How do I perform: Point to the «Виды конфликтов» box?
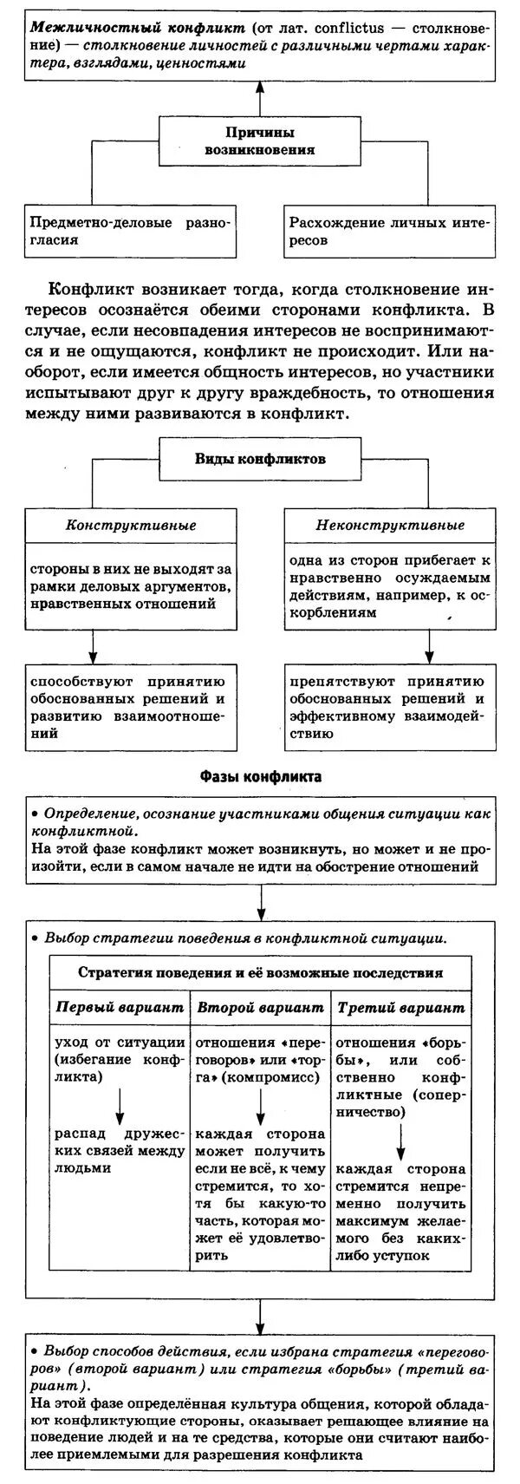259,459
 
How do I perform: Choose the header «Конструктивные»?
131,525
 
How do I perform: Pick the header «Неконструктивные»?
389,525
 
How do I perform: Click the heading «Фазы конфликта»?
260,776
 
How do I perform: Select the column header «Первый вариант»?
120,1008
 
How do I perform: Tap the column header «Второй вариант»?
260,1008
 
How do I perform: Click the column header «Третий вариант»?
400,1008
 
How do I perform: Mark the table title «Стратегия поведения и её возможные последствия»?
260,972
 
